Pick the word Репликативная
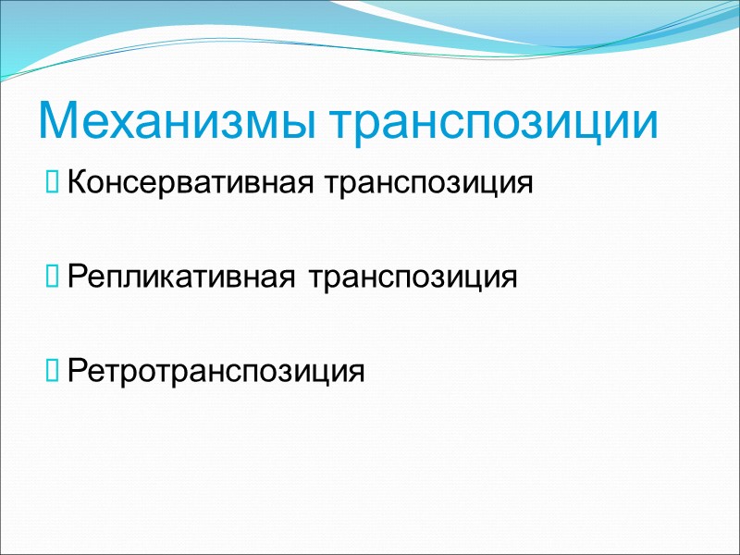click(x=182, y=277)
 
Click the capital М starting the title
click(x=57, y=122)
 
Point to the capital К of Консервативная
click(x=76, y=181)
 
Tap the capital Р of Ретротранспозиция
click(x=76, y=371)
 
